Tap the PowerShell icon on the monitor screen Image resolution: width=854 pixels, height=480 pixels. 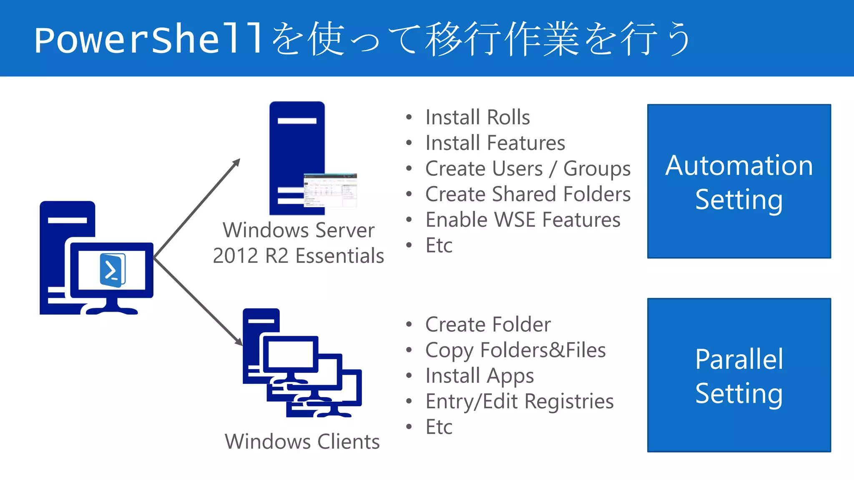point(112,270)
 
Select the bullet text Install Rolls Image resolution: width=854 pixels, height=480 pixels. point(477,117)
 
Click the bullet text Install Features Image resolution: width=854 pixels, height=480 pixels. point(495,143)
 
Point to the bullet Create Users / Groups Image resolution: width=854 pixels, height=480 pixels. point(527,169)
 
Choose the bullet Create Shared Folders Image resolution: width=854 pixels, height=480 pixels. point(527,194)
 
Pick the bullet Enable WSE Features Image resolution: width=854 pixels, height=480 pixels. point(522,220)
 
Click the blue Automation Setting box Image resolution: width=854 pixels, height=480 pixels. point(739,181)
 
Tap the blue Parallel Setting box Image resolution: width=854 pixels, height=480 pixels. point(739,375)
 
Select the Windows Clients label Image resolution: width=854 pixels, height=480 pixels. point(302,442)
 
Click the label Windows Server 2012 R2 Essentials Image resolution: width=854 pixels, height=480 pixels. point(299,243)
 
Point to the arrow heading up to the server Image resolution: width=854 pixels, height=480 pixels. point(198,207)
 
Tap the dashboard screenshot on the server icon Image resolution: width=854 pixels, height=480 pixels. point(330,190)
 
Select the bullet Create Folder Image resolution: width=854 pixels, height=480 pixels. point(487,325)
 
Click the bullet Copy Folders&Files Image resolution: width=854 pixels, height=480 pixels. point(515,350)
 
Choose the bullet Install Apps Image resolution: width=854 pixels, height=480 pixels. point(479,376)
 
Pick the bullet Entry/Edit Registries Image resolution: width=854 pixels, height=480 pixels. point(519,401)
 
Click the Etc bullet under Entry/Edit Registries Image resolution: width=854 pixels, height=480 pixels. point(439,427)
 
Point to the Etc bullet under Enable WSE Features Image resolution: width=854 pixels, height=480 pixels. point(439,245)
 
